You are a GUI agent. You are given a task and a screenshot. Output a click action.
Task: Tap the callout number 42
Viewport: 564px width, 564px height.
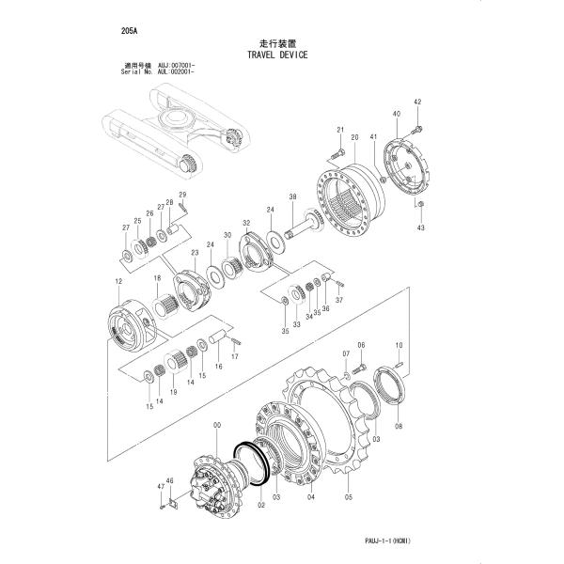coord(417,102)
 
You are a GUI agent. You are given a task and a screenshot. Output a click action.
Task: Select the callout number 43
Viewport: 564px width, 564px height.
coord(420,227)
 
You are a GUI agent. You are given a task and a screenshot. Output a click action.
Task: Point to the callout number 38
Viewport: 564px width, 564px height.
coord(292,196)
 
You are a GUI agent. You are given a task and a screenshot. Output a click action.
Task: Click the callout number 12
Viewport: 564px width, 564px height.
coord(118,282)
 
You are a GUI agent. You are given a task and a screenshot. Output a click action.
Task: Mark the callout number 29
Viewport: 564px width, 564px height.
coord(183,195)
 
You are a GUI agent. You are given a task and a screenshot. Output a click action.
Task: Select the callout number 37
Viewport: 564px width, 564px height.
coord(340,301)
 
